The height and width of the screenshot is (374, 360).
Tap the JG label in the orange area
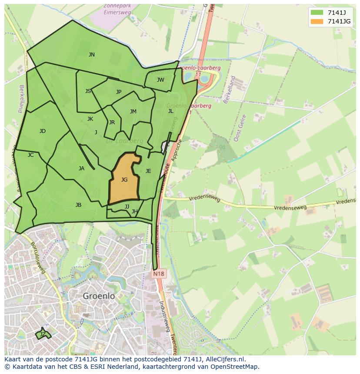click(124, 179)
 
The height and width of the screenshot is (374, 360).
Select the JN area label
click(91, 54)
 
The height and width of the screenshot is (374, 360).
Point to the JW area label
click(160, 79)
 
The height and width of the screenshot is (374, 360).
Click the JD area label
click(42, 131)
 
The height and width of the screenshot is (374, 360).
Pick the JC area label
click(30, 155)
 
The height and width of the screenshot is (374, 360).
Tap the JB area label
click(78, 205)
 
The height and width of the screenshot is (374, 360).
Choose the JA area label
click(81, 168)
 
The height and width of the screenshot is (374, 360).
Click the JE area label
click(148, 171)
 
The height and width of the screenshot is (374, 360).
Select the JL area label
click(170, 111)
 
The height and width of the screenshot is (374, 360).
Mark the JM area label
click(133, 111)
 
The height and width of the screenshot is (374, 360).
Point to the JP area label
click(119, 92)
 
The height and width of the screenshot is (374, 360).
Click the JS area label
click(88, 91)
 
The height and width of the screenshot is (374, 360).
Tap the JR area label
click(112, 122)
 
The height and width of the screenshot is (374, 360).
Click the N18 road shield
click(159, 274)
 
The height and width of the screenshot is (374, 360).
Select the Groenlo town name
click(99, 296)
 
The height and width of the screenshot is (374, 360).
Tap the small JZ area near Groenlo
click(42, 334)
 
